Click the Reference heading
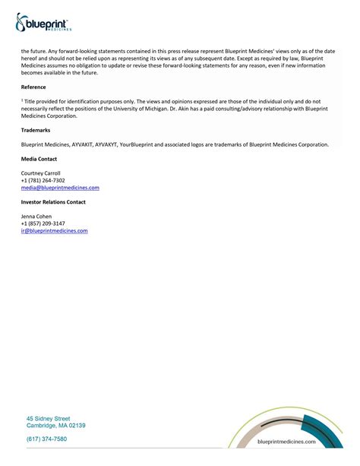34,87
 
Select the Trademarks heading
36,131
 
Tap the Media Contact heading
39,159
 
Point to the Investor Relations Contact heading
53,201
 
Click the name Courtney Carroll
41,173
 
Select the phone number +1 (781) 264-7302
43,180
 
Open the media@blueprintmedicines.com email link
60,187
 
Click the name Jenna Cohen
36,217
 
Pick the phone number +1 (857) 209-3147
43,223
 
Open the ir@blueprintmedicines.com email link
55,230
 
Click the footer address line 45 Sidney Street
49,418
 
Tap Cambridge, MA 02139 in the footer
56,426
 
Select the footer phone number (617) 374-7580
47,439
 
